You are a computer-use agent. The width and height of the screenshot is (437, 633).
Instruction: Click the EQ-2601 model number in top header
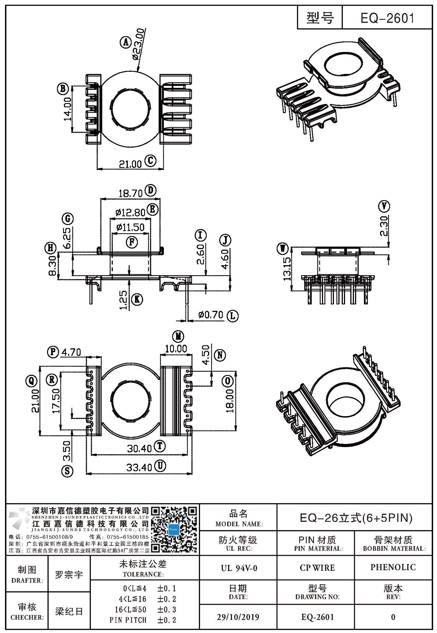tap(387, 18)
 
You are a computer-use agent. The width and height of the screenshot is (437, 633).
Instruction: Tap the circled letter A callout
tap(126, 43)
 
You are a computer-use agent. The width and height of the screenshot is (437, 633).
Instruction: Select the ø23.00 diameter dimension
tap(139, 44)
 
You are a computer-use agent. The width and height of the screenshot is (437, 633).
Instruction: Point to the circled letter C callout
tap(150, 161)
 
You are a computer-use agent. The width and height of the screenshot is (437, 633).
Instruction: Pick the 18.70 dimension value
tap(131, 193)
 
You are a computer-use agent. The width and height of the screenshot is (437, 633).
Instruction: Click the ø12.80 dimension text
tap(130, 213)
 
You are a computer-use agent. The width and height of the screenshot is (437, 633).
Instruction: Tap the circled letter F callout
tap(132, 242)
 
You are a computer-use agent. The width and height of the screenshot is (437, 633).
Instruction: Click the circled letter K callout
tap(137, 299)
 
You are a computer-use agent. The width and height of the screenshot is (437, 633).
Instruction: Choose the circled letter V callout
tap(384, 206)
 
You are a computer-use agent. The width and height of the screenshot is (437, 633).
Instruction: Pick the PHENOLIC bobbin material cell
tap(393, 567)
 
